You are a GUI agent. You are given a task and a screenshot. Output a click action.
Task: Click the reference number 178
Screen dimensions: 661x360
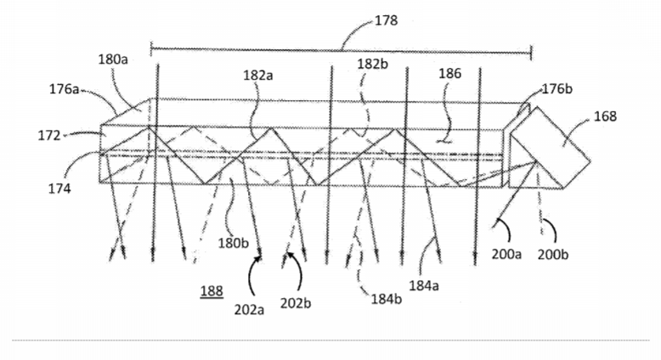coord(386,20)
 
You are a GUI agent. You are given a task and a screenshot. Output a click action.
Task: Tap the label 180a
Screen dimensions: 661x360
coord(113,59)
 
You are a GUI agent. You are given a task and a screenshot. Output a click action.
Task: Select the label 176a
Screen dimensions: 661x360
coord(65,89)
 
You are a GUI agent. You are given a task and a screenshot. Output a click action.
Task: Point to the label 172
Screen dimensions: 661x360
coord(49,136)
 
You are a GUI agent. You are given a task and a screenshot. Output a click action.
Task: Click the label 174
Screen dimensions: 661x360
coord(59,188)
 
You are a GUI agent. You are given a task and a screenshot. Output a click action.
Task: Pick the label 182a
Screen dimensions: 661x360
coord(258,76)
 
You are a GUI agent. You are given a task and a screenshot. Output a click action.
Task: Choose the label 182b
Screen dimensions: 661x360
coord(373,64)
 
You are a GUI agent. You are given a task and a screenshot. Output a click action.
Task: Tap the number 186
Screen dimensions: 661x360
coord(450,74)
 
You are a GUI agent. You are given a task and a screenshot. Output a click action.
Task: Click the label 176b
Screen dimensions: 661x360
coord(557,89)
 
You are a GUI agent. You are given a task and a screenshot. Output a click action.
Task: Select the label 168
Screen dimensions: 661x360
coord(606,116)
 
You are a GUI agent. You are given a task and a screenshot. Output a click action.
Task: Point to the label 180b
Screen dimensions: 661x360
coord(234,243)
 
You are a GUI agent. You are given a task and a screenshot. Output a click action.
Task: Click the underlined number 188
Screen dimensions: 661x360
coord(212,291)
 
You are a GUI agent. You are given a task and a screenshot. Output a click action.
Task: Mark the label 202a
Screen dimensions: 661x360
coord(250,309)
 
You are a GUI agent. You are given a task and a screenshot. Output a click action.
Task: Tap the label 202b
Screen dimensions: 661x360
coord(296,303)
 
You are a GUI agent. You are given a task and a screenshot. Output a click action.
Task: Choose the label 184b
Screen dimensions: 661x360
coord(387,299)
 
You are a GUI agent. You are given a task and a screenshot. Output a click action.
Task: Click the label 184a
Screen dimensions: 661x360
coord(424,285)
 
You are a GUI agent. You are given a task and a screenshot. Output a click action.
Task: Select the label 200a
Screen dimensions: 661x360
coord(506,255)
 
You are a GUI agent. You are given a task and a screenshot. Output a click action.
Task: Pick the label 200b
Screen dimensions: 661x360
coord(553,255)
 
